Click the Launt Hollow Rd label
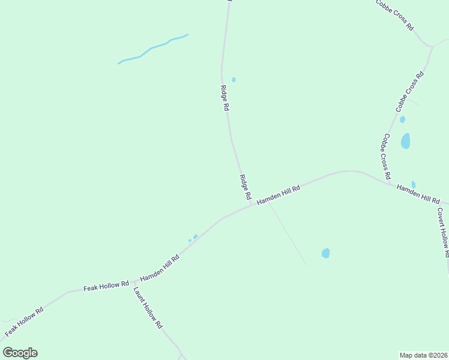coord(148,307)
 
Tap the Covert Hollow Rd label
coord(443,232)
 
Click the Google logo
coord(20,353)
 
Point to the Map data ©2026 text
coord(423,355)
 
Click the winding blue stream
coord(152,47)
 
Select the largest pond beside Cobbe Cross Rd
coord(406,141)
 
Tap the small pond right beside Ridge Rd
coord(234,80)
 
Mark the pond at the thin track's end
coord(325,253)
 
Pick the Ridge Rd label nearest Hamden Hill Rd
coord(245,187)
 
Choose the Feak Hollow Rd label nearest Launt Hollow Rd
coord(106,286)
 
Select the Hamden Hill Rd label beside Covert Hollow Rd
coord(418,193)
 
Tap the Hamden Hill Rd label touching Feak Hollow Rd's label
coord(160,269)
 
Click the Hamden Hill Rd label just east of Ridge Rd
coord(278,194)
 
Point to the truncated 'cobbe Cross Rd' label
coord(394,14)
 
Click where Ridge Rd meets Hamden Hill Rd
coord(252,205)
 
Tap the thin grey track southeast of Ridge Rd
coord(287,234)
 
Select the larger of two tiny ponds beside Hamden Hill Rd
coord(195,236)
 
